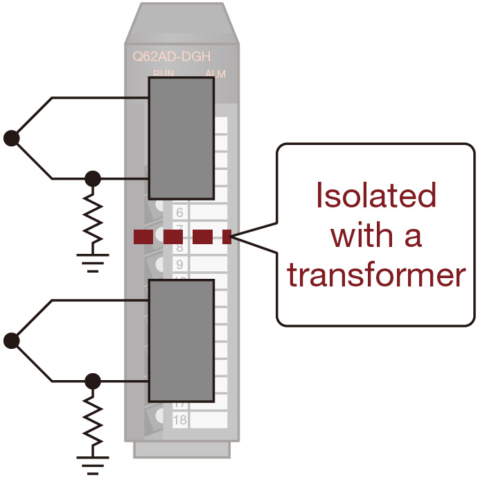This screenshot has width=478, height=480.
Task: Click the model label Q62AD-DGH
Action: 172,58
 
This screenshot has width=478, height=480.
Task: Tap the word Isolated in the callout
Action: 375,196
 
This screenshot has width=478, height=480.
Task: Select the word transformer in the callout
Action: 376,275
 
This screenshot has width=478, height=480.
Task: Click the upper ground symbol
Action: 92,263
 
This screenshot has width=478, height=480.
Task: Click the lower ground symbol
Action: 92,463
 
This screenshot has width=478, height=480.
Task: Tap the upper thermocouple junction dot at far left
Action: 11,137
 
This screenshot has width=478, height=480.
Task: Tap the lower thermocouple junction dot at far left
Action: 11,341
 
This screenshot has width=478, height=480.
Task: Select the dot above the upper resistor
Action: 92,179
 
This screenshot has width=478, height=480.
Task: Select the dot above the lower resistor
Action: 92,380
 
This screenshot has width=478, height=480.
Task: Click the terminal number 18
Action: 179,420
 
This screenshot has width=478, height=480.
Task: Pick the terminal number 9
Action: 179,264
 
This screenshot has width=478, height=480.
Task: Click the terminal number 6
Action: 179,213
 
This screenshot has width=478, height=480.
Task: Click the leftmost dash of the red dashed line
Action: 143,237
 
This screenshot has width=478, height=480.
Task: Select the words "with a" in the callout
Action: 376,236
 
